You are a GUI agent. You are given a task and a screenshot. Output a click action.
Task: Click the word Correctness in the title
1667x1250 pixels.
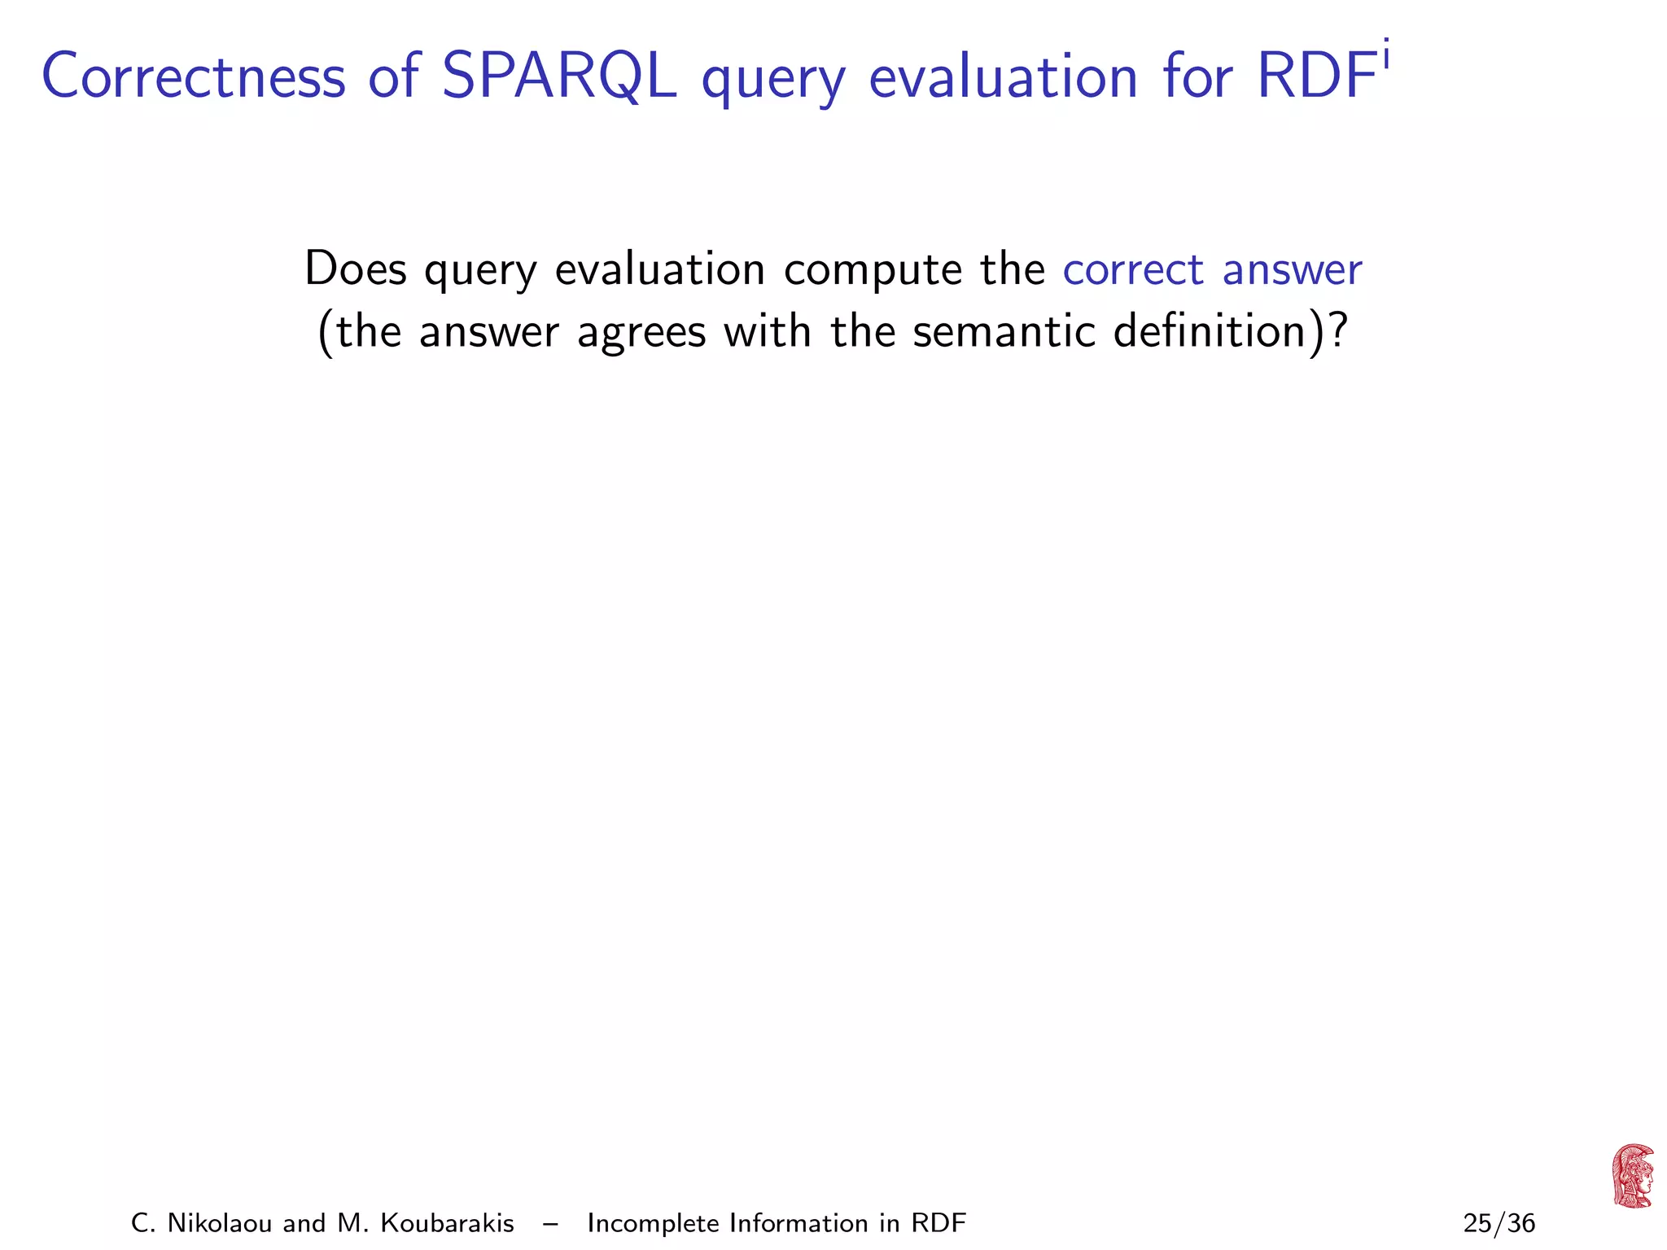tap(194, 77)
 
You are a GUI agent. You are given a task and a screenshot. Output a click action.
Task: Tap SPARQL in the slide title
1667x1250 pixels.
tap(558, 77)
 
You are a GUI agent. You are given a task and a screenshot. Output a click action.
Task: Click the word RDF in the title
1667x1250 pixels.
tap(1316, 77)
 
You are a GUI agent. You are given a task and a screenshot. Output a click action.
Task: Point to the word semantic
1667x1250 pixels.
tap(1004, 331)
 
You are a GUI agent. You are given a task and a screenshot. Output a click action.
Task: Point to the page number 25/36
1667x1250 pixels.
tap(1499, 1223)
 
